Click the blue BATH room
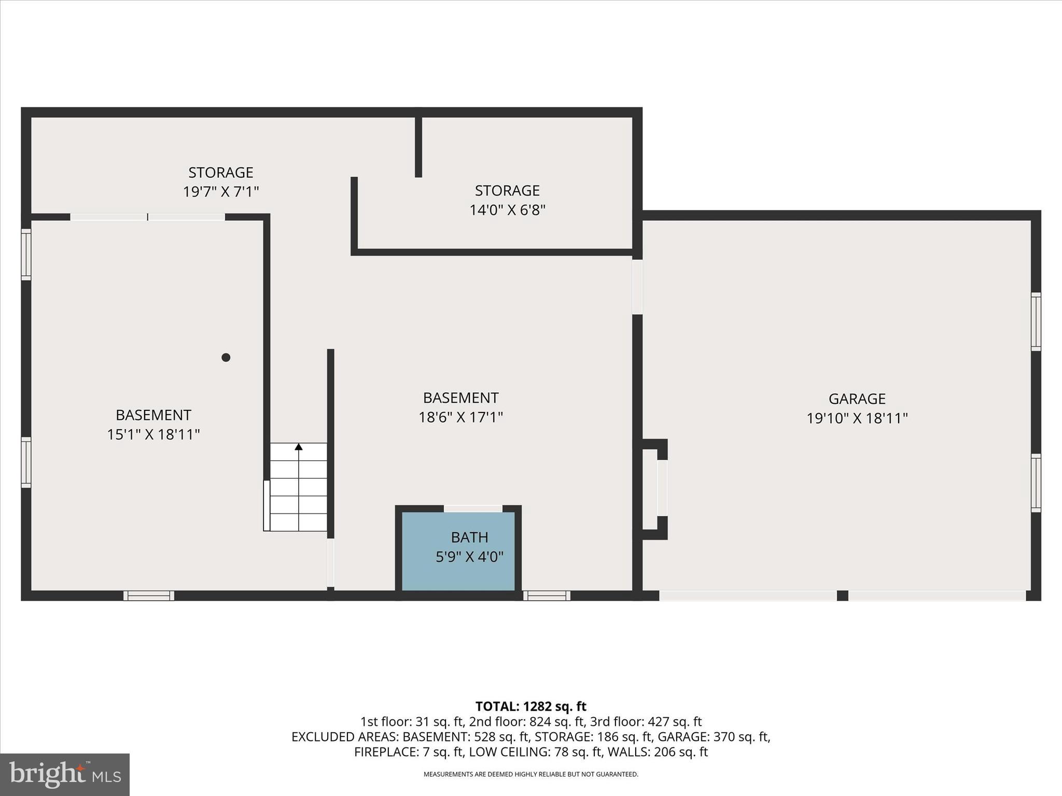(x=458, y=551)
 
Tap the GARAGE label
(x=857, y=399)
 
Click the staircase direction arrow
(x=299, y=447)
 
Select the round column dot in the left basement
(x=226, y=357)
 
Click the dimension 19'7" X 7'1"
(x=220, y=192)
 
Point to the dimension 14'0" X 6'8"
(x=507, y=210)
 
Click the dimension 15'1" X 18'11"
(x=153, y=434)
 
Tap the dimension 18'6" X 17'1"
(x=460, y=417)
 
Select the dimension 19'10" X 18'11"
(x=857, y=418)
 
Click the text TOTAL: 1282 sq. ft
(x=530, y=706)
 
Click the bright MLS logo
(x=64, y=774)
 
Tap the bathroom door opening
(x=473, y=509)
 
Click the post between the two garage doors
(x=842, y=595)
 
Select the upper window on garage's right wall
(x=1035, y=321)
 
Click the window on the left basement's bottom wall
(x=149, y=595)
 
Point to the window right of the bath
(x=546, y=595)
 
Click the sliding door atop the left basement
(x=147, y=217)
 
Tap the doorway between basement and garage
(x=637, y=287)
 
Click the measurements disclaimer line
(x=530, y=774)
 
